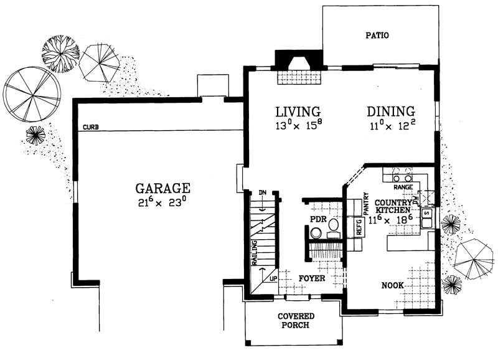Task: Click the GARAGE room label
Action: click(162, 187)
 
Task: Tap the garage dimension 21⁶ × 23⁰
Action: click(162, 202)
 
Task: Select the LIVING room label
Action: click(298, 111)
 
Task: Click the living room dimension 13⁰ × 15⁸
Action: click(298, 126)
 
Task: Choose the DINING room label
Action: click(390, 111)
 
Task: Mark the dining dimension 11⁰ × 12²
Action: click(390, 126)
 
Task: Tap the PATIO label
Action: click(377, 36)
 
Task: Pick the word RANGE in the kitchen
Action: click(402, 187)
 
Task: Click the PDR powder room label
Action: click(318, 220)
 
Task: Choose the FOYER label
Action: click(311, 278)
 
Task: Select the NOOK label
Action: click(393, 285)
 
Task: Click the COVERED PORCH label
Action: click(296, 321)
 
